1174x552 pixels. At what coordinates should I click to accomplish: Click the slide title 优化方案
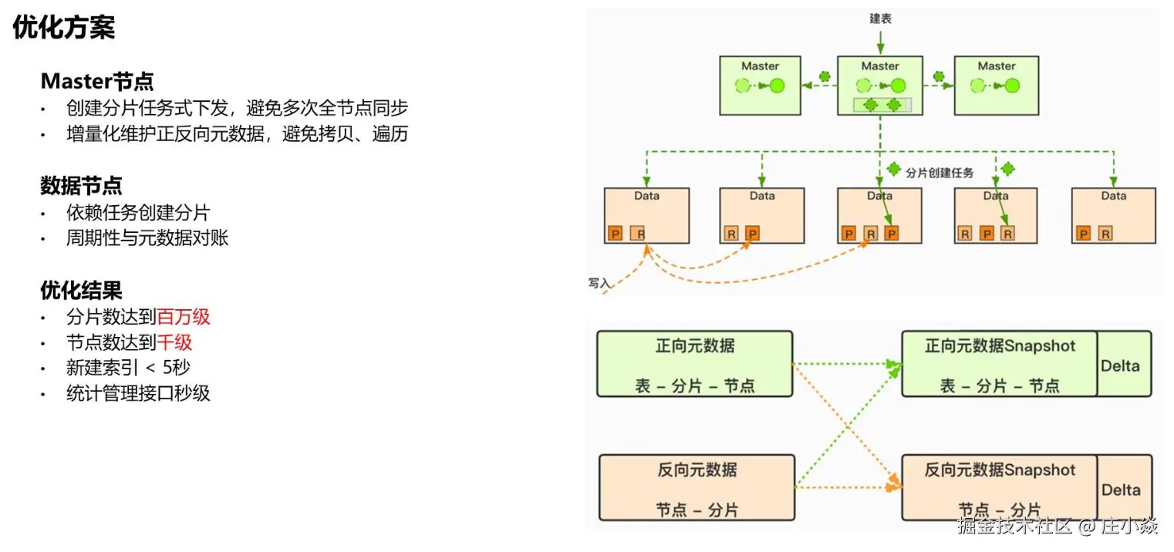pos(63,29)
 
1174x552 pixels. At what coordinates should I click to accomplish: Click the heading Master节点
pos(97,81)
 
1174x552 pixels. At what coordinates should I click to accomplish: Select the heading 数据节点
pos(81,186)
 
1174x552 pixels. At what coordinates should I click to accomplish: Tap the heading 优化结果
pos(81,290)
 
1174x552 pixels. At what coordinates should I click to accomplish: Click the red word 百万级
pos(184,317)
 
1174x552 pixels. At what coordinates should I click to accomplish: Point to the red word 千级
pos(174,342)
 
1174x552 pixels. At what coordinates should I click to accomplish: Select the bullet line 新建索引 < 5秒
pos(128,368)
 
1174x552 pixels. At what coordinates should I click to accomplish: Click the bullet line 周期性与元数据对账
pos(147,238)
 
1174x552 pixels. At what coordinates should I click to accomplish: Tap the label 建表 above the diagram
pos(880,19)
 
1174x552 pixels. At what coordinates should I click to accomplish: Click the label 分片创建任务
pos(939,173)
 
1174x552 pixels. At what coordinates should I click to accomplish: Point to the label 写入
pos(599,284)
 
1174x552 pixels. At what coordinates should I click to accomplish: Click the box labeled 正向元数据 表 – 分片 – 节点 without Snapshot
pos(694,364)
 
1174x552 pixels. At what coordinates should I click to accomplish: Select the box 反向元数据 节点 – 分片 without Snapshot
pos(697,488)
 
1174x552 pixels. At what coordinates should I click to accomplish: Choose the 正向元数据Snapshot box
pos(999,364)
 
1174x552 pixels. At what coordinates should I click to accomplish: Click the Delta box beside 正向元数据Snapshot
pos(1123,365)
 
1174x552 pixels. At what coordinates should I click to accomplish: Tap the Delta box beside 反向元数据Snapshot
pos(1123,489)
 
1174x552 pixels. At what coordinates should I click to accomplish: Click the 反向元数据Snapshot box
pos(999,487)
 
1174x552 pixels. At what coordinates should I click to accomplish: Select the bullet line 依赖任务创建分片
pos(138,213)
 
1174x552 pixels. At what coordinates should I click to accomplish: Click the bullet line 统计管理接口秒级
pos(138,393)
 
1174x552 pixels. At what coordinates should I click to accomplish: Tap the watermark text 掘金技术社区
pos(1015,527)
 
